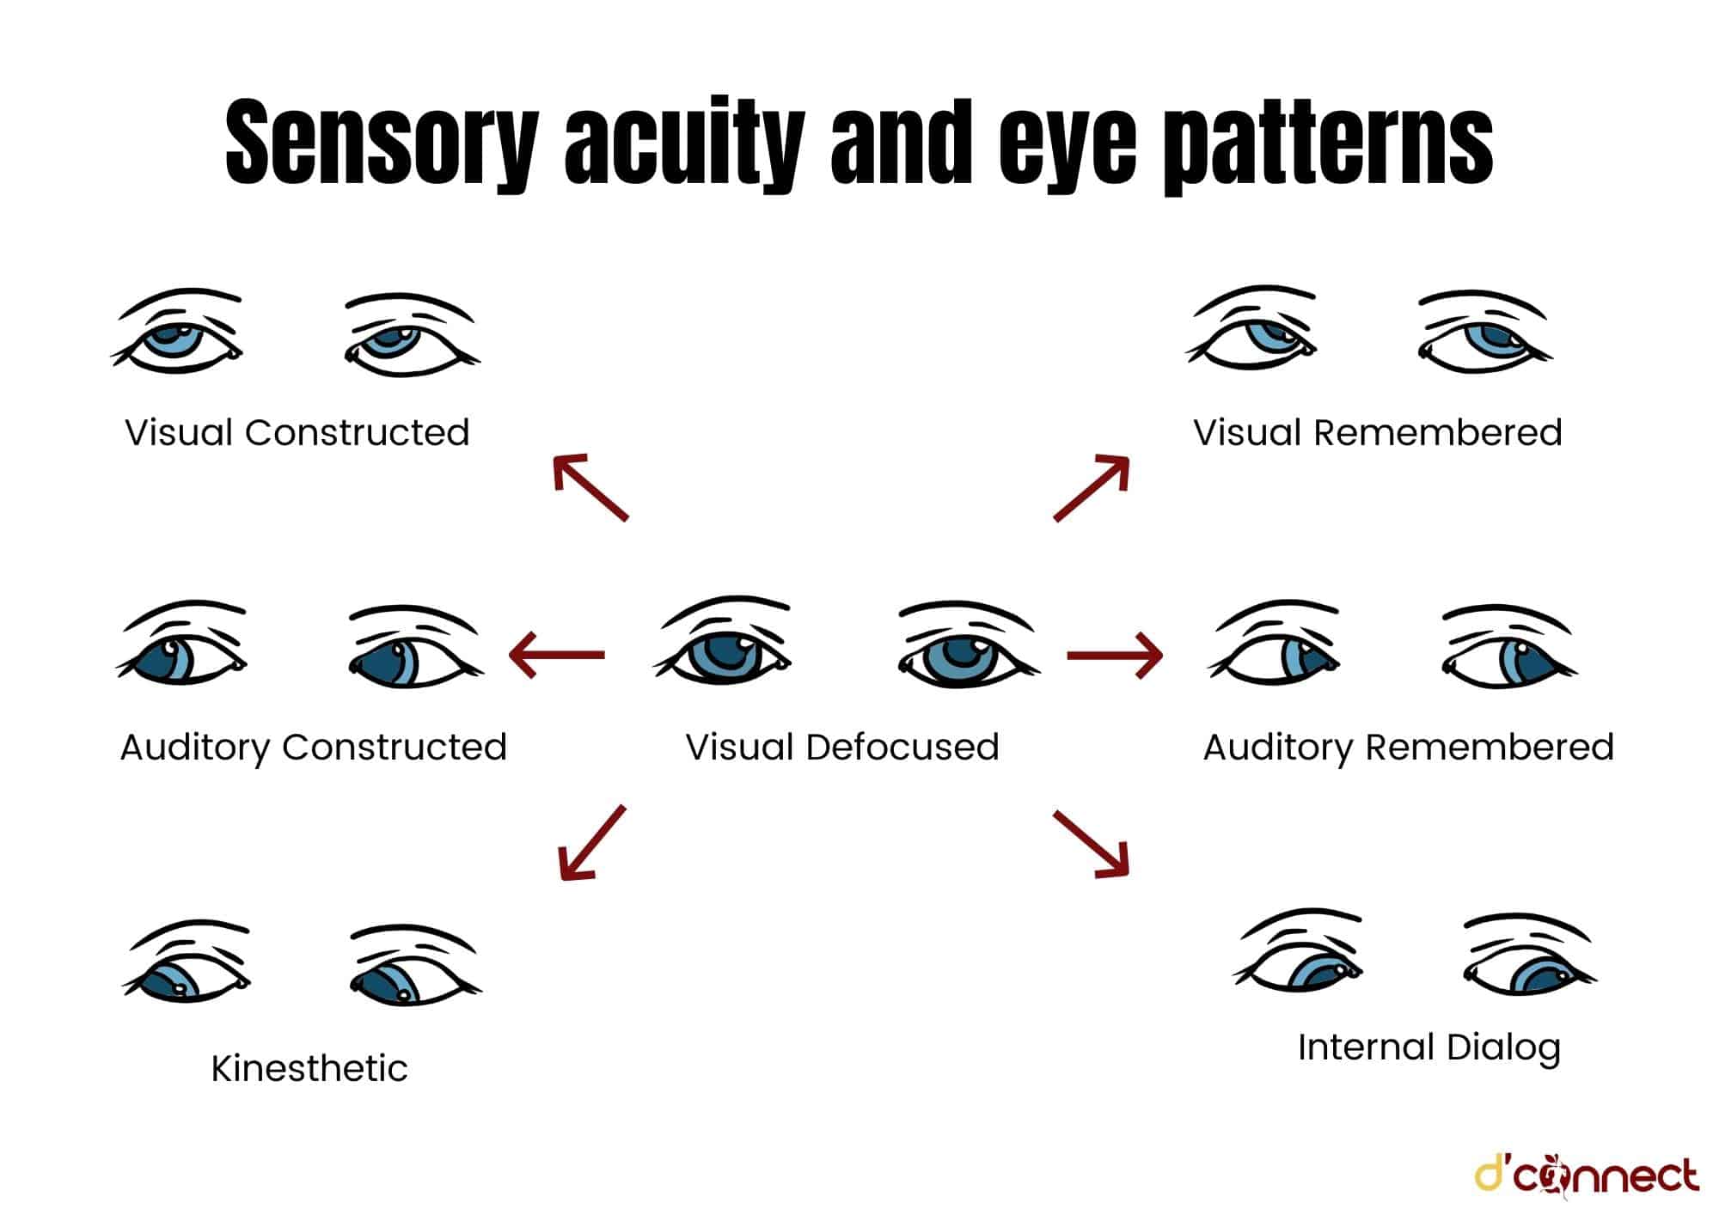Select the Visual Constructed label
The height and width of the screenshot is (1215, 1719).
pyautogui.click(x=297, y=432)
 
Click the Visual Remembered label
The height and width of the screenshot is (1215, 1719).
pyautogui.click(x=1377, y=432)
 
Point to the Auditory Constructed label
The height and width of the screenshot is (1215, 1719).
pyautogui.click(x=314, y=747)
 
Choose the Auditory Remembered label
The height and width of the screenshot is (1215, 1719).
pyautogui.click(x=1408, y=747)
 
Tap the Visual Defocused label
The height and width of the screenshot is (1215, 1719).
pyautogui.click(x=842, y=747)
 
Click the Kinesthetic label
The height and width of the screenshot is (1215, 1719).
pyautogui.click(x=309, y=1068)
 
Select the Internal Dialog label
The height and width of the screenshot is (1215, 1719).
pyautogui.click(x=1428, y=1047)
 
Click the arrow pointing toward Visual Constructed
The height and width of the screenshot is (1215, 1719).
pyautogui.click(x=590, y=486)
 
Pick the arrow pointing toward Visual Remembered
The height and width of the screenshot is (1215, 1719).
pyautogui.click(x=1092, y=487)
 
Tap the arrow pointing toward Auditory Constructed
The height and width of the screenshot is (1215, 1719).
pyautogui.click(x=557, y=655)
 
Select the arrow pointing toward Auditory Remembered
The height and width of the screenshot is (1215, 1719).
pyautogui.click(x=1115, y=655)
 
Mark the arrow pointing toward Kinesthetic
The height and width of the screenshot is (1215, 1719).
pyautogui.click(x=591, y=843)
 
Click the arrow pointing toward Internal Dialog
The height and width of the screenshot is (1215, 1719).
pyautogui.click(x=1091, y=844)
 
